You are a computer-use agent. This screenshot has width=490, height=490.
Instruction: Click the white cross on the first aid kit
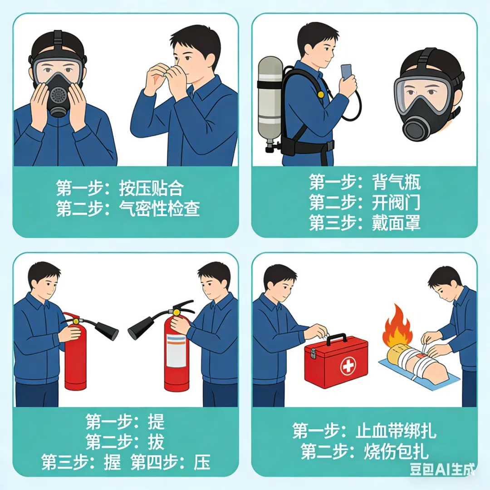click(x=348, y=365)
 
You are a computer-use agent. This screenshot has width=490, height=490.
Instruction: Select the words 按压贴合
click(x=151, y=188)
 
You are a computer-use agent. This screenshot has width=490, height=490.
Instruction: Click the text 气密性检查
click(x=159, y=208)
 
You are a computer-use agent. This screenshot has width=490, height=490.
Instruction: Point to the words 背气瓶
click(x=396, y=182)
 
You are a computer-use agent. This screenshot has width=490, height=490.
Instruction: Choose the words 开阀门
click(x=396, y=202)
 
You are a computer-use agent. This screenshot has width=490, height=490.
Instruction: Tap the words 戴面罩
click(x=396, y=222)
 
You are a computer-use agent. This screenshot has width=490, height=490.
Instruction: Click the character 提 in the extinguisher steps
click(x=156, y=421)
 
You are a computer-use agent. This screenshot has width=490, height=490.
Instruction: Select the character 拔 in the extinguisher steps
click(x=156, y=442)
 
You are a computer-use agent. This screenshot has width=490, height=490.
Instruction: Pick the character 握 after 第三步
click(x=112, y=462)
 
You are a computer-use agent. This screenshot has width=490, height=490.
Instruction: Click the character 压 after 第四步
click(x=202, y=462)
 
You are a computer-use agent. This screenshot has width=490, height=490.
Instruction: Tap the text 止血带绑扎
click(x=396, y=431)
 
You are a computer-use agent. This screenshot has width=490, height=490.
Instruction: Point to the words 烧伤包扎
click(x=396, y=451)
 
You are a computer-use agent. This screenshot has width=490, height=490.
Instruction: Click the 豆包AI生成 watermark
click(x=442, y=469)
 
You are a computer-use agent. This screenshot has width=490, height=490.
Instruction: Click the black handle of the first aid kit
click(x=337, y=338)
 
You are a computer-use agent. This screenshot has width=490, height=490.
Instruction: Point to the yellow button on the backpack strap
click(x=321, y=94)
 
